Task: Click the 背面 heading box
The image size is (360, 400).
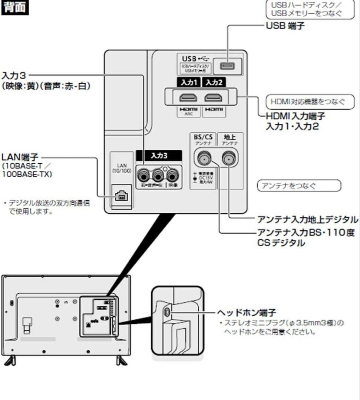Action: click(x=15, y=8)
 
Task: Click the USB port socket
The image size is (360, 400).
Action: click(x=225, y=66)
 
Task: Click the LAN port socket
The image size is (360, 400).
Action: click(x=121, y=196)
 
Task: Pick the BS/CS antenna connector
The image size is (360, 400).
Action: click(x=203, y=159)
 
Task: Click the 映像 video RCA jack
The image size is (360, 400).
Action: click(x=172, y=173)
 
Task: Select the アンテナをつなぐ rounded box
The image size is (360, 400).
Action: click(x=298, y=186)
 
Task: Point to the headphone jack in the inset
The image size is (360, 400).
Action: click(x=167, y=312)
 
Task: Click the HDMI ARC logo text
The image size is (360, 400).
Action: click(x=189, y=111)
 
